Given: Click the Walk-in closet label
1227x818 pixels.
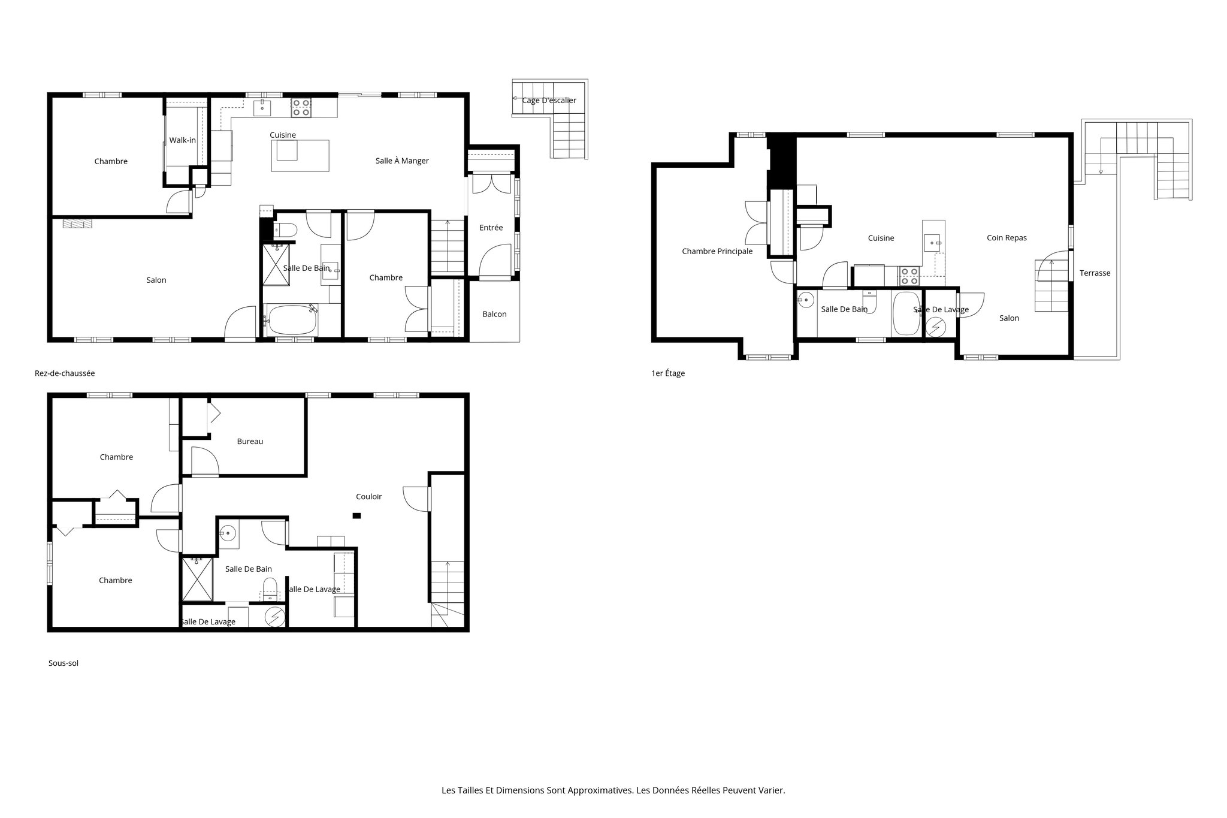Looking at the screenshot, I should [182, 140].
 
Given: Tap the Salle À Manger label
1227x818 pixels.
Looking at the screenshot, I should [402, 161].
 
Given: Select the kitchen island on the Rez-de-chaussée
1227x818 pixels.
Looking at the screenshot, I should [300, 155].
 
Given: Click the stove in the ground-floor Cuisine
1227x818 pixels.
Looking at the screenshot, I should [301, 108].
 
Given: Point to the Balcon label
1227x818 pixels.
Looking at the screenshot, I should [494, 314].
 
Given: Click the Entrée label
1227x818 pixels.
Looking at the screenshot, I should [491, 228].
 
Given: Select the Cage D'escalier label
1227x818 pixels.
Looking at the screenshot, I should [549, 100].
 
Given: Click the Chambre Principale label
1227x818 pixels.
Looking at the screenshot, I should [717, 251].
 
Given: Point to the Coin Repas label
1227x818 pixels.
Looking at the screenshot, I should [1007, 238].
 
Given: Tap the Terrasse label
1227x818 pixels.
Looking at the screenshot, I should [1095, 273].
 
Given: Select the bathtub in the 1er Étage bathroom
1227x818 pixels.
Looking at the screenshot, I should [905, 313].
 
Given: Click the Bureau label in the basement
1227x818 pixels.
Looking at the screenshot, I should [250, 441].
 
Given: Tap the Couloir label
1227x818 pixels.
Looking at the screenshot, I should [368, 496].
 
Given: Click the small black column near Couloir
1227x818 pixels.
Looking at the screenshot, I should [356, 515].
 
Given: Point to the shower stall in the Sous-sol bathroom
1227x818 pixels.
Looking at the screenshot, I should [197, 579].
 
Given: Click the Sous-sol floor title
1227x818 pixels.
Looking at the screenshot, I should [64, 663].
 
